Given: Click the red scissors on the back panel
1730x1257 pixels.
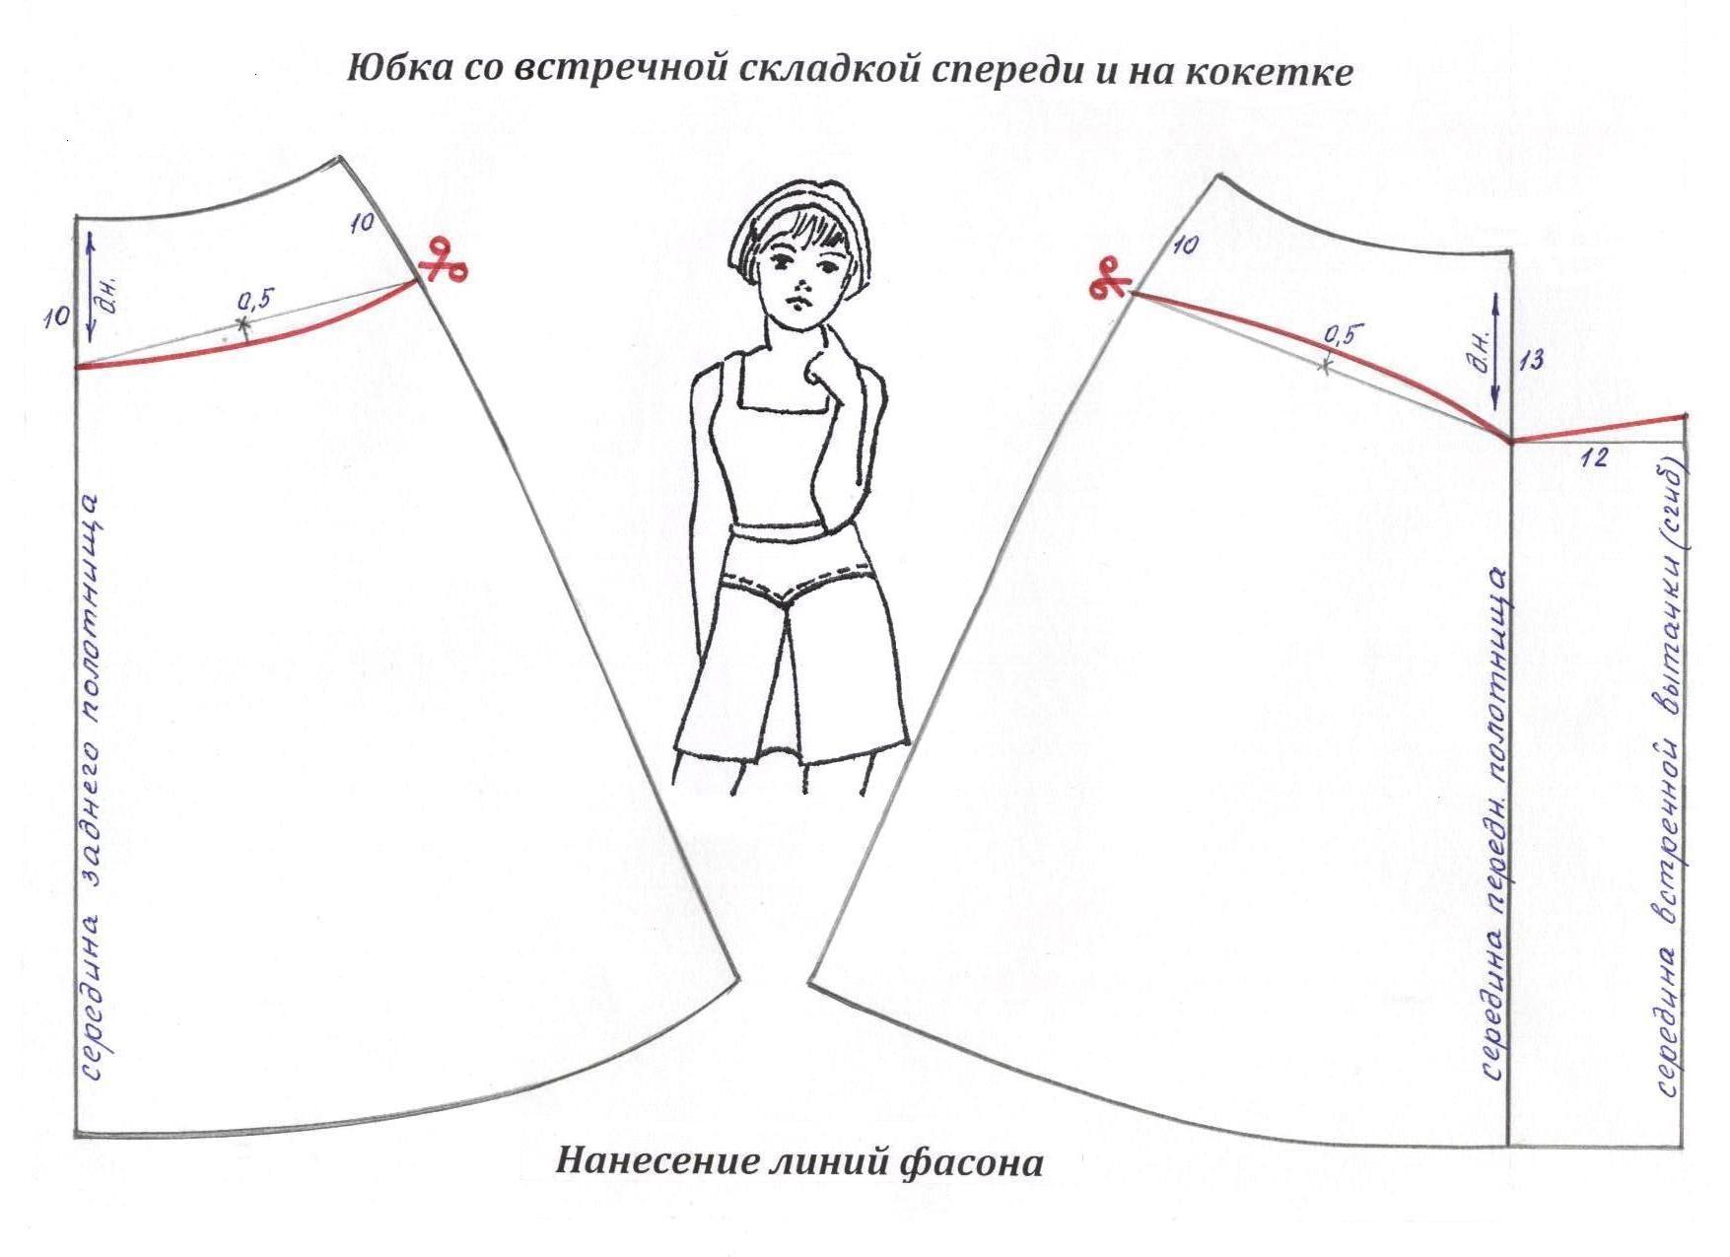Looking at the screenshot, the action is pos(443,261).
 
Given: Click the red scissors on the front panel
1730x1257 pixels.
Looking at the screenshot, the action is pos(1110,277).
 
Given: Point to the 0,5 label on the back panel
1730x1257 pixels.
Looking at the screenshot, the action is pos(255,298).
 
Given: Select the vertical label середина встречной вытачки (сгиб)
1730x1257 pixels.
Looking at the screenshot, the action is pos(1670,778).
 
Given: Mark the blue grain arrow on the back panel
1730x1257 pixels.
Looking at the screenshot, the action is pos(89,285).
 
